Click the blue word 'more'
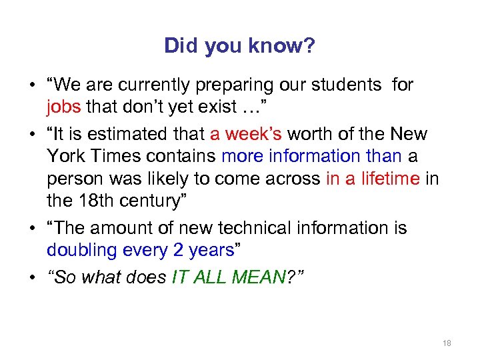[x=242, y=156]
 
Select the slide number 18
[x=447, y=343]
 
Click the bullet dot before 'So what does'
[x=33, y=277]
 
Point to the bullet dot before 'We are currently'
[x=33, y=86]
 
